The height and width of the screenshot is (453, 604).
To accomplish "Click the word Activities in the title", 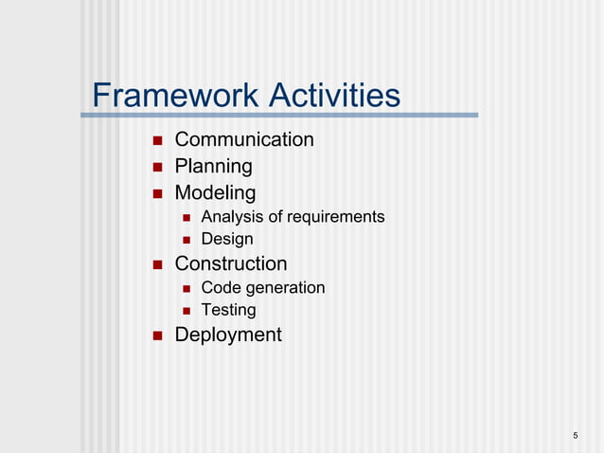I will [x=333, y=96].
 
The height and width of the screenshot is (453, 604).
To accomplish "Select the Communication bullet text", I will [x=244, y=140].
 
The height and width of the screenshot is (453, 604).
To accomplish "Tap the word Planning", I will [x=214, y=167].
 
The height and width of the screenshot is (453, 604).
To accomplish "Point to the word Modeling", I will [x=215, y=193].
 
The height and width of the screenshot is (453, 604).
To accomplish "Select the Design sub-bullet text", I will [x=227, y=240].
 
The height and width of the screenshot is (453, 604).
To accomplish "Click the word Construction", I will [x=231, y=263].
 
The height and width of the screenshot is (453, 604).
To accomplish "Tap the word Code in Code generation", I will [x=220, y=287].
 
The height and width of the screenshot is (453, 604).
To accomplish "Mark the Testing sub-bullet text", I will [x=228, y=310].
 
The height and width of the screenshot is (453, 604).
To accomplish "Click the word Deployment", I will [x=228, y=335].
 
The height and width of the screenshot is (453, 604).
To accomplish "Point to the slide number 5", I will [x=576, y=435].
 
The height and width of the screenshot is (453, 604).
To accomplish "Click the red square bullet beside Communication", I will [x=157, y=141].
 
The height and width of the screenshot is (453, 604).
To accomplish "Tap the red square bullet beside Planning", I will [x=157, y=168].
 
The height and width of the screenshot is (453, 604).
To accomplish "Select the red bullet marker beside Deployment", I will [x=157, y=335].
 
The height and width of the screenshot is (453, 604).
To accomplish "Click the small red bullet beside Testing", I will [x=187, y=311].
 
